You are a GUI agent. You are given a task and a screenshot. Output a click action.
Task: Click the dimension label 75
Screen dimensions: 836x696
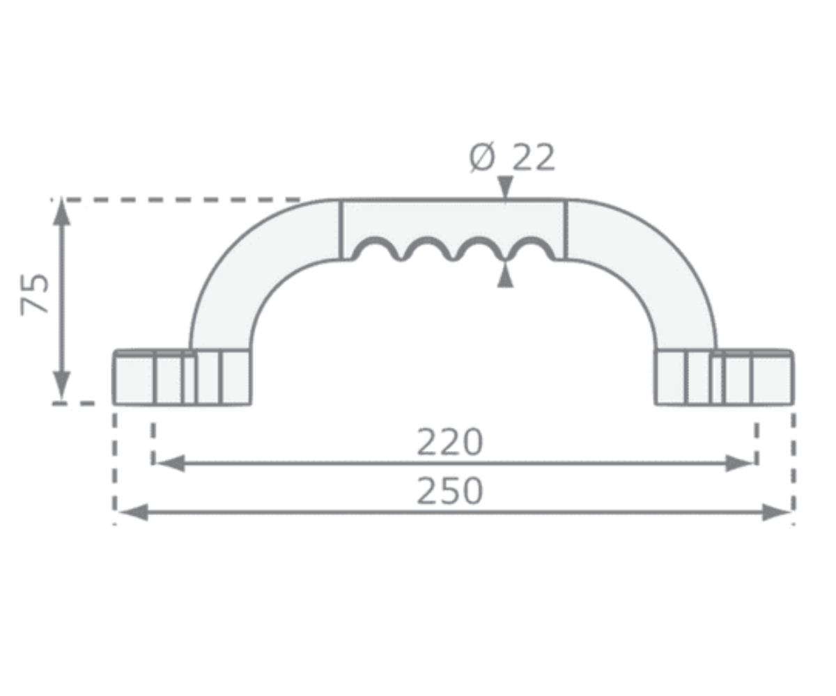(x=34, y=295)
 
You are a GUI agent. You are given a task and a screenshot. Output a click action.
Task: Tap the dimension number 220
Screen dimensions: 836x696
(x=449, y=442)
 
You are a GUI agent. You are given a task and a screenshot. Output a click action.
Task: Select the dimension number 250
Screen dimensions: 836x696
(x=449, y=491)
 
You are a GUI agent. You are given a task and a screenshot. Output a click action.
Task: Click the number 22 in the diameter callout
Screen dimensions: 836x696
(x=534, y=157)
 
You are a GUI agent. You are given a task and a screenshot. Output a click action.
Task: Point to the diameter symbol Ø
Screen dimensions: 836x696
(x=482, y=157)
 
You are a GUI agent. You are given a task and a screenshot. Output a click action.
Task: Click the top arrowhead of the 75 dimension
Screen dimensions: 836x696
(x=62, y=212)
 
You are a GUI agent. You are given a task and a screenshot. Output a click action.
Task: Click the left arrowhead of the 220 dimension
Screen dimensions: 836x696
(x=171, y=464)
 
